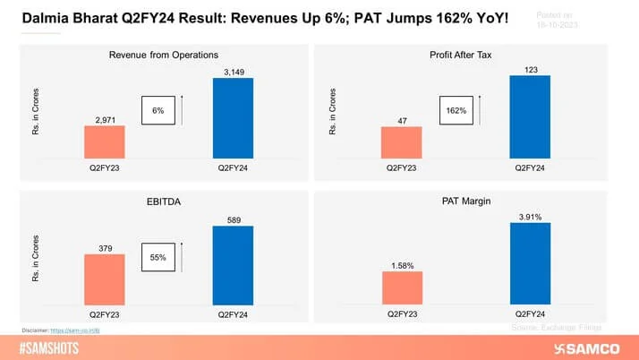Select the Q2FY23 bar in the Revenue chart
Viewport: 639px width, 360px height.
pos(104,142)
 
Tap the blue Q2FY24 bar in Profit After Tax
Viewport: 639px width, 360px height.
pos(529,116)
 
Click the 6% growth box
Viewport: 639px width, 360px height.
pos(158,110)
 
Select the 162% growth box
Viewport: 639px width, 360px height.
pos(454,110)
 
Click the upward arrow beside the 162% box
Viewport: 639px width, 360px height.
pos(479,110)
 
